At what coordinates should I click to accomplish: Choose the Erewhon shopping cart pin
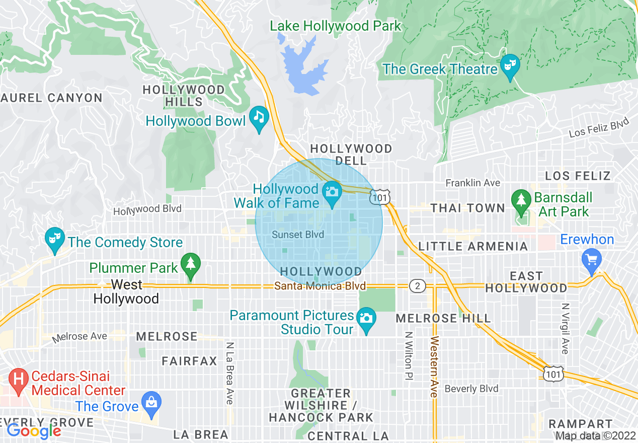(x=591, y=261)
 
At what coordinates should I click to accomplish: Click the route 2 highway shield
(x=418, y=286)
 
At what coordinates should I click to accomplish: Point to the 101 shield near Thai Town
(x=379, y=197)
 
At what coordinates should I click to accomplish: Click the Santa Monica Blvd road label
(x=320, y=286)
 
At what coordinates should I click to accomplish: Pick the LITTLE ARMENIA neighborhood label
(x=473, y=246)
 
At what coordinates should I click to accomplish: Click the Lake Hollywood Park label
(x=336, y=26)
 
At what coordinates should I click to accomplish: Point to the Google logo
(x=34, y=431)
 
